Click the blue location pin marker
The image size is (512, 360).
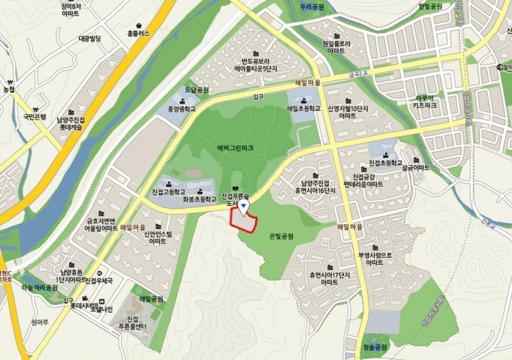[x=243, y=206]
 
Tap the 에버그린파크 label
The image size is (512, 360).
[x=235, y=148]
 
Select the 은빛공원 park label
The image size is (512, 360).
[x=282, y=237]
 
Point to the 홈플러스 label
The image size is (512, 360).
[x=139, y=33]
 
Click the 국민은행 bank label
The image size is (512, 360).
[x=35, y=116]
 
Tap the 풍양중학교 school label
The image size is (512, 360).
[x=182, y=109]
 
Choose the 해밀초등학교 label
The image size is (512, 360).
[x=304, y=109]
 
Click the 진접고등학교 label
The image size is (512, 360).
[x=168, y=192]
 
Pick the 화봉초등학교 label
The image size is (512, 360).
[x=198, y=199]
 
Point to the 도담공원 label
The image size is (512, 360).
[x=197, y=90]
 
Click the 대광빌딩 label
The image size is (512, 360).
[x=90, y=38]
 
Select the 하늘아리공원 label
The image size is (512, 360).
[x=39, y=287]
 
